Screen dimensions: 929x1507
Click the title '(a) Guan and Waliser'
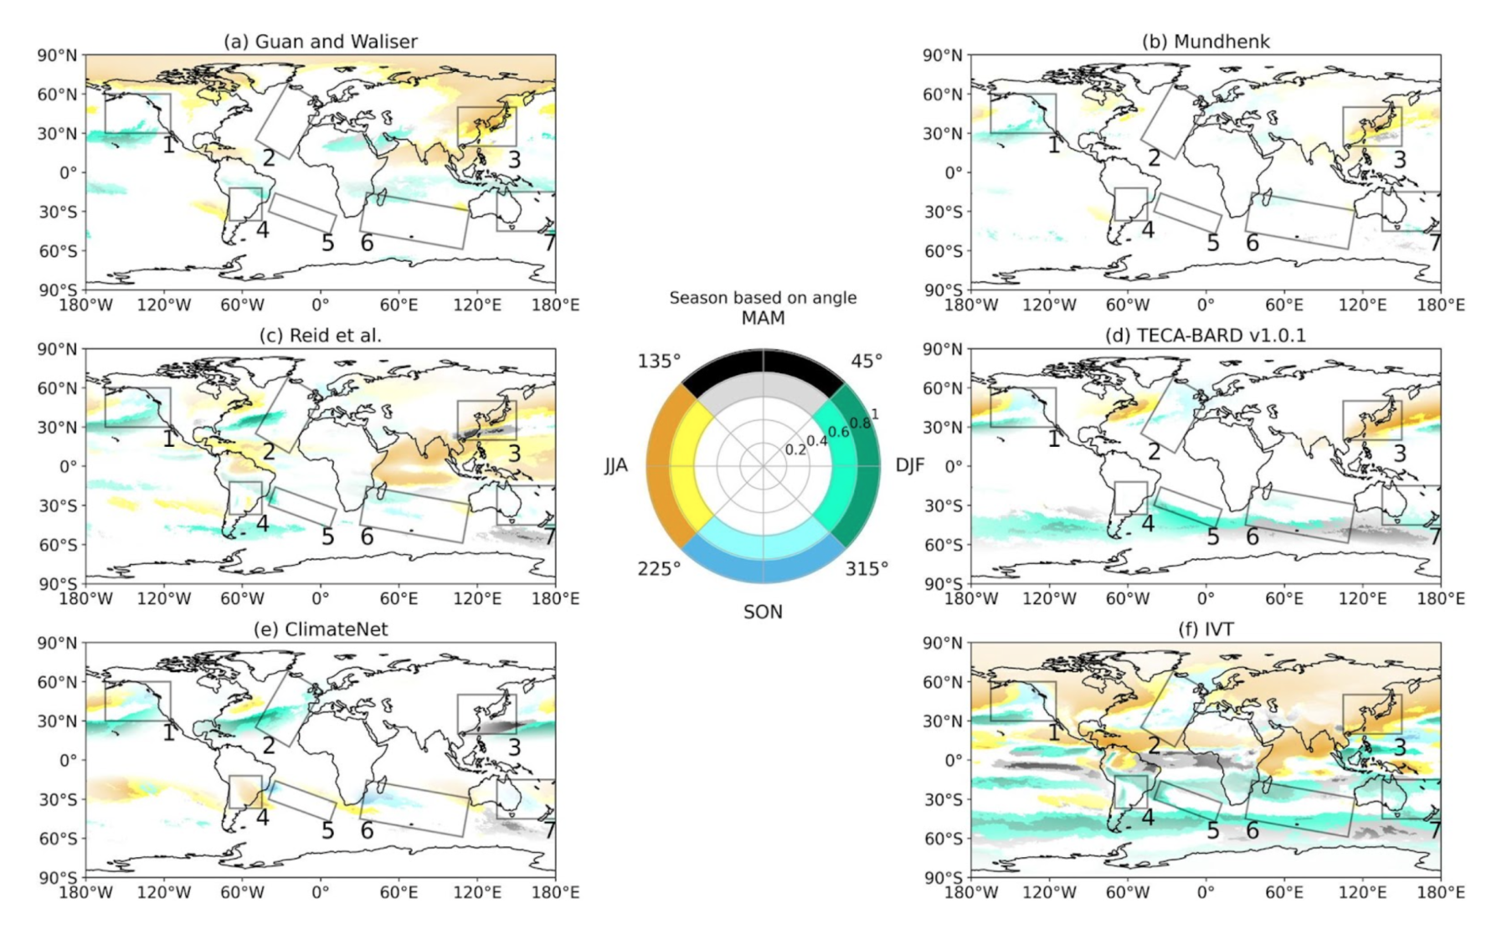[320, 41]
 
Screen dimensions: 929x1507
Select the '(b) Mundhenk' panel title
[1206, 41]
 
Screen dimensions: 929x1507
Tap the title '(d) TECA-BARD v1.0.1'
[1206, 335]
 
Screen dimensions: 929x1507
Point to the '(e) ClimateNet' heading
[320, 629]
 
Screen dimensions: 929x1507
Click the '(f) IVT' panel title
[1206, 629]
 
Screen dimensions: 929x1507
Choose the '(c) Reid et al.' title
[320, 335]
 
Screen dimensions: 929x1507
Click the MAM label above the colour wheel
[763, 318]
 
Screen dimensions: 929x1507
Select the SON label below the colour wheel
[763, 612]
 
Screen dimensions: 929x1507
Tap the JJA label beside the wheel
[616, 465]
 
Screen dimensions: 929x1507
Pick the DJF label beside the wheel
[910, 465]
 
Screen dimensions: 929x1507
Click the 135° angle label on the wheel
[660, 361]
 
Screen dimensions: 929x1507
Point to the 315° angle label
[867, 569]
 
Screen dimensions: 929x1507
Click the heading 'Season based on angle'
[763, 297]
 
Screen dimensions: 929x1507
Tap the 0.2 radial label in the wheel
[795, 450]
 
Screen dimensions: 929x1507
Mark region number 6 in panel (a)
[367, 243]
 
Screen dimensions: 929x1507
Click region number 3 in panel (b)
[1399, 159]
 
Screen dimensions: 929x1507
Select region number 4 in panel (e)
[262, 818]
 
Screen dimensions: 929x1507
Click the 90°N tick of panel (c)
[57, 349]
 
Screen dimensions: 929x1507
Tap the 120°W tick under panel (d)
[1049, 598]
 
